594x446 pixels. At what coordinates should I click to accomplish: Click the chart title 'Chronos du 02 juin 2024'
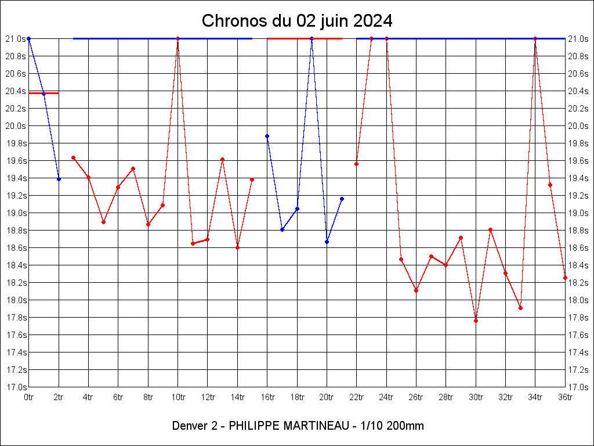pyautogui.click(x=297, y=21)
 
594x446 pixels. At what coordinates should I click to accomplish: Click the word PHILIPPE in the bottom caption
pyautogui.click(x=253, y=426)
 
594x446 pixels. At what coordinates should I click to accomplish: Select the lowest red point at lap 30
pyautogui.click(x=476, y=321)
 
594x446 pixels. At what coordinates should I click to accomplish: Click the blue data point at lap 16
pyautogui.click(x=267, y=136)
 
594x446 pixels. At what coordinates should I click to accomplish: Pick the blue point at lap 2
pyautogui.click(x=59, y=179)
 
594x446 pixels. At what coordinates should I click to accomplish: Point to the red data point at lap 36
pyautogui.click(x=565, y=278)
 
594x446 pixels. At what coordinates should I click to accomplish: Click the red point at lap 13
pyautogui.click(x=222, y=159)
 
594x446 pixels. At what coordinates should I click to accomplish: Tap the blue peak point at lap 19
pyautogui.click(x=312, y=38)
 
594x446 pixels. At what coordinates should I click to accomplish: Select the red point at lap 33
pyautogui.click(x=520, y=308)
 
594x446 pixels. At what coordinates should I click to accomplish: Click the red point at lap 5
pyautogui.click(x=103, y=222)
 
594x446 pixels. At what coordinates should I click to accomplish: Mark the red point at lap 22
pyautogui.click(x=356, y=164)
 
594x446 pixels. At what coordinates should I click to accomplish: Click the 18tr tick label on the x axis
pyautogui.click(x=297, y=397)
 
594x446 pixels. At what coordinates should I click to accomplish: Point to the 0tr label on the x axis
pyautogui.click(x=28, y=397)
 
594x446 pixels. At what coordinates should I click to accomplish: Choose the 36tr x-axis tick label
pyautogui.click(x=565, y=397)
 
